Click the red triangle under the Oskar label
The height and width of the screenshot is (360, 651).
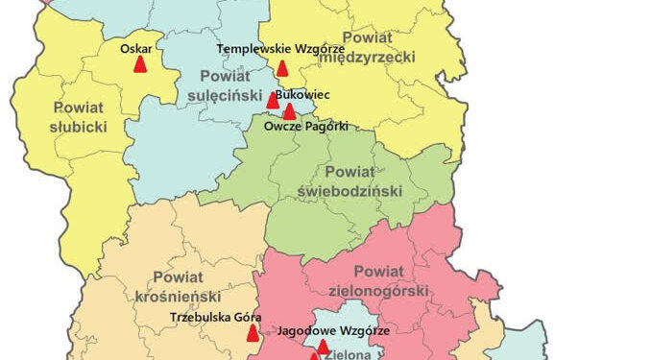tap(140, 65)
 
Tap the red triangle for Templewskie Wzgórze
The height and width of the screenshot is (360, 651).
tap(282, 68)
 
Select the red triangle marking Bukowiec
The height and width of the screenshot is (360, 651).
tap(273, 99)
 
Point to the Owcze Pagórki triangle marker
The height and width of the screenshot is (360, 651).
tap(289, 111)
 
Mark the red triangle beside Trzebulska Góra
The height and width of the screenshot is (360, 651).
tap(253, 333)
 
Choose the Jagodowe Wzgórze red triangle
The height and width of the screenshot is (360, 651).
tap(323, 346)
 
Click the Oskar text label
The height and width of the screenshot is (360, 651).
tap(136, 47)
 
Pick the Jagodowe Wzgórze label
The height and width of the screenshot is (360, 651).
tap(333, 329)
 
